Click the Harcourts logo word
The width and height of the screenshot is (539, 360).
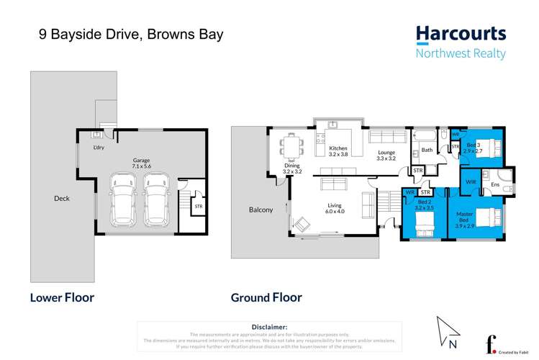click(x=461, y=35)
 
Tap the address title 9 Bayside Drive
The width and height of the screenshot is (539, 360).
click(x=120, y=34)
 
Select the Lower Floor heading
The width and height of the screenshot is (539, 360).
click(x=62, y=297)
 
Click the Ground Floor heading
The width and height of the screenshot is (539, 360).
click(x=266, y=297)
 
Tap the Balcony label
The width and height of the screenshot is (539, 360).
click(x=261, y=210)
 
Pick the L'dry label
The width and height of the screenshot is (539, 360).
click(x=99, y=148)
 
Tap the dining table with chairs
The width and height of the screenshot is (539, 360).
click(x=292, y=146)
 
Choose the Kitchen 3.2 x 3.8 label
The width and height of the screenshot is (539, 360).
click(x=338, y=151)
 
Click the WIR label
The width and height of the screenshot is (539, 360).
click(x=471, y=181)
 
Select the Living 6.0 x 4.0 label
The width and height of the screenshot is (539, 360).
click(x=335, y=208)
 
